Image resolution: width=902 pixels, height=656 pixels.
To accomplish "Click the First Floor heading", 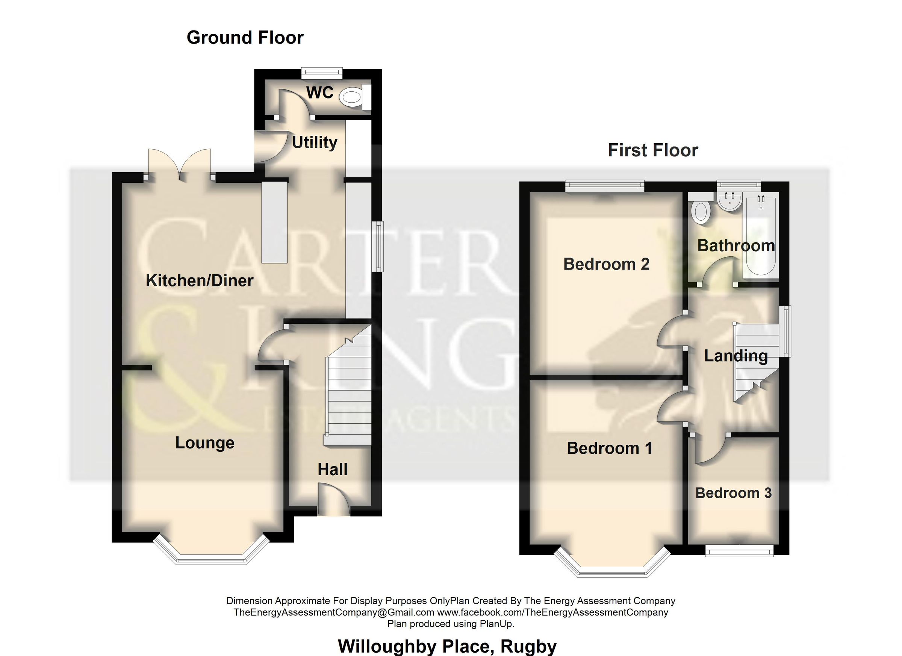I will pos(653,150).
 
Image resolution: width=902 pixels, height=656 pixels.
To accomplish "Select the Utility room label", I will pos(315,142).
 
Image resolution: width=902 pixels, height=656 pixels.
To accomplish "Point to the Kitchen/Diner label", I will pos(199,281).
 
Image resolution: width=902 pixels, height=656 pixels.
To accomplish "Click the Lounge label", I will pos(205,443).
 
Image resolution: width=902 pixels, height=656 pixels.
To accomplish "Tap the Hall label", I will pos(333,470).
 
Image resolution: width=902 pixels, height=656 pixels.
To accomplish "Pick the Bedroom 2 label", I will pos(606,264).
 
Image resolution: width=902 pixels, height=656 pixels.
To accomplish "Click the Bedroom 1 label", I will pos(609,448).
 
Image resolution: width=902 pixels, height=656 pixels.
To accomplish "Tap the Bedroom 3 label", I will pos(733,493).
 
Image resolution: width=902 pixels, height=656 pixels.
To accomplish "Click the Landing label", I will pos(736,356).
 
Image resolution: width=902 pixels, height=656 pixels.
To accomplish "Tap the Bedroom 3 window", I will pos(739,552).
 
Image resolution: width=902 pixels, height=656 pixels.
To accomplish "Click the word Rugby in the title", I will pos(528,647).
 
